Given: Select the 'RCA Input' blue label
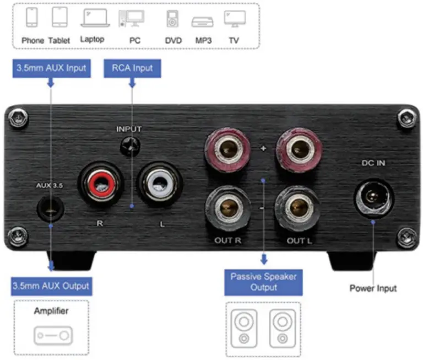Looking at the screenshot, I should click(x=132, y=68).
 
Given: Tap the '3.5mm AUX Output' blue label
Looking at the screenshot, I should click(x=51, y=286).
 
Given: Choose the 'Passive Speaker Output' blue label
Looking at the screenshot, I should click(x=264, y=282).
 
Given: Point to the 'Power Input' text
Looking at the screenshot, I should click(x=373, y=288).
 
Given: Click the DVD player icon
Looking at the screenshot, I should click(x=172, y=19).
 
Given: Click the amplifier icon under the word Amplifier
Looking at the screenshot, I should click(x=52, y=335).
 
